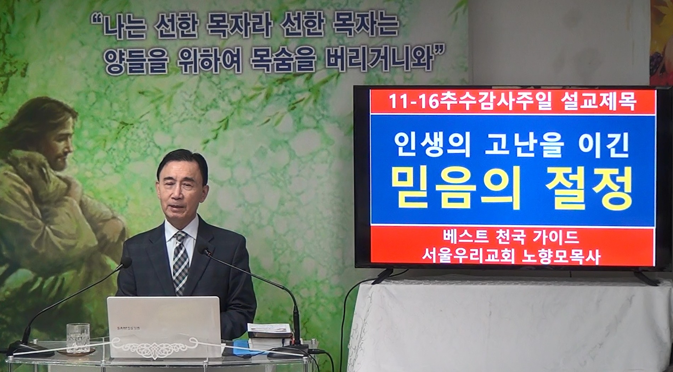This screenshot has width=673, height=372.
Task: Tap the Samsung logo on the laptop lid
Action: click(129, 328)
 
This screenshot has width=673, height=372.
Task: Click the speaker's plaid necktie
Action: click(181, 262)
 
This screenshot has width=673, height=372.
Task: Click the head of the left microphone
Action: click(126, 263)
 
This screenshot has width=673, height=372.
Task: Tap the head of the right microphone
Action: click(206, 251)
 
